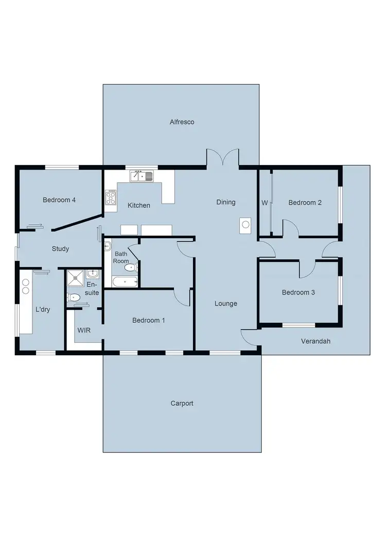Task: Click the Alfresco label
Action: pyautogui.click(x=182, y=122)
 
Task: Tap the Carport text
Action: pyautogui.click(x=182, y=403)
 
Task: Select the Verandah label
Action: pyautogui.click(x=315, y=341)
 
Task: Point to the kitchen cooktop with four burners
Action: pyautogui.click(x=111, y=197)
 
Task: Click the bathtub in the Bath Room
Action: pyautogui.click(x=125, y=281)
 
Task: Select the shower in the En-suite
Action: pyautogui.click(x=76, y=277)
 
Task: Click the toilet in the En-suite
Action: pyautogui.click(x=73, y=297)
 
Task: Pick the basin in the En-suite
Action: pyautogui.click(x=93, y=273)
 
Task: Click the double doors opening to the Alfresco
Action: pyautogui.click(x=223, y=158)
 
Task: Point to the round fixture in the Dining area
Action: pyautogui.click(x=245, y=224)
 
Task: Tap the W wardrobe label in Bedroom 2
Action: pyautogui.click(x=265, y=203)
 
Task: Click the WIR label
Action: pyautogui.click(x=84, y=330)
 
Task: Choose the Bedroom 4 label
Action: pyautogui.click(x=59, y=200)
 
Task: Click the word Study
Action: pyautogui.click(x=60, y=248)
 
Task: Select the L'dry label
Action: pyautogui.click(x=43, y=309)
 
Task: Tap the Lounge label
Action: pyautogui.click(x=226, y=304)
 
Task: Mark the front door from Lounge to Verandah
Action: pyautogui.click(x=249, y=338)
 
